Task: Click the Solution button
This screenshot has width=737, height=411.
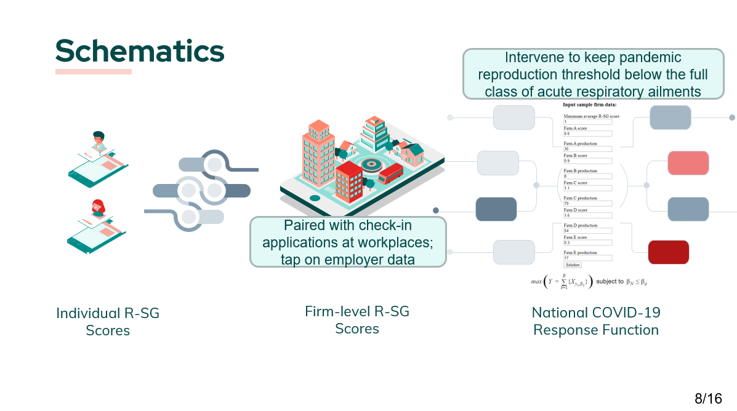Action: click(573, 265)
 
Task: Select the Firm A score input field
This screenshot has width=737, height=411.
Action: click(587, 134)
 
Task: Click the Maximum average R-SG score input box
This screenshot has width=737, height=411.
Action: click(587, 122)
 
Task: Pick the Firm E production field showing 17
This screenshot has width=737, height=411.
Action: click(587, 258)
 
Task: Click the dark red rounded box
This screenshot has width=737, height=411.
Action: click(668, 252)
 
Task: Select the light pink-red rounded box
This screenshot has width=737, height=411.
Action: click(688, 163)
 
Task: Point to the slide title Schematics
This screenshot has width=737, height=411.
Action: click(140, 51)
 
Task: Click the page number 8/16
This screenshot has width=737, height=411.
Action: click(708, 399)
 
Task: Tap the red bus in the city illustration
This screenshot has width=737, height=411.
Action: click(390, 174)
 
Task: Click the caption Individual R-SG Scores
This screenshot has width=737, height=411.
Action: click(108, 321)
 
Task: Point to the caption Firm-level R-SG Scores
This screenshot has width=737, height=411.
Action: click(357, 320)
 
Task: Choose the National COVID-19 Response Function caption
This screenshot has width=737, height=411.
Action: click(596, 321)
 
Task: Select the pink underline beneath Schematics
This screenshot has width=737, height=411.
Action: click(94, 72)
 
